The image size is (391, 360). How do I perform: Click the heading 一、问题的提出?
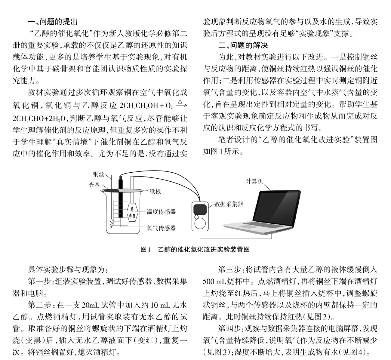(52, 22)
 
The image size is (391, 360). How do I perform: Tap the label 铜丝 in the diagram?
(98, 174)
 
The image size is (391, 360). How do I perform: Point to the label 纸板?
(155, 191)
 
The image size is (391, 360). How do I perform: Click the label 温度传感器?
(161, 212)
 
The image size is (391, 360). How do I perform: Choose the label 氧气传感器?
(161, 228)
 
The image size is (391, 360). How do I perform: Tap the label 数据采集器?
(229, 204)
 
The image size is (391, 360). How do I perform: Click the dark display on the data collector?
(199, 208)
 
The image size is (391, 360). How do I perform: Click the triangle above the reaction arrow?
(180, 101)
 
